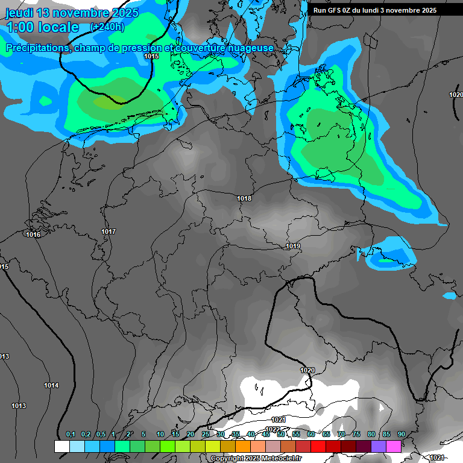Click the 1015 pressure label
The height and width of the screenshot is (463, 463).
151,56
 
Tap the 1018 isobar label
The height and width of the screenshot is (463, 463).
244,198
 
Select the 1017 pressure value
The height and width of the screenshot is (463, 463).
109,231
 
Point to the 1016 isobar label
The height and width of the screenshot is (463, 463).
33,235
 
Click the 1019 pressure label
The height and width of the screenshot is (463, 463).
293,246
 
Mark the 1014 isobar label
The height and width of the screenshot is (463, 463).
51,385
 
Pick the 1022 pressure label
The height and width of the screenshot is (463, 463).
272,429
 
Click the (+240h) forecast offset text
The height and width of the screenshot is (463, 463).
107,27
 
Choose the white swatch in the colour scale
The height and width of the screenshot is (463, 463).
61,446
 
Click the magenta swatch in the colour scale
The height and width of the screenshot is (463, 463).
394,446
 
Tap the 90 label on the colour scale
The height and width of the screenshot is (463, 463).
401,434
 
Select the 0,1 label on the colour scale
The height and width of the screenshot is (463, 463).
71,434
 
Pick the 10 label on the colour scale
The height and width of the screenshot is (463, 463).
160,434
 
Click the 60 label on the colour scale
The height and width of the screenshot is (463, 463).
310,434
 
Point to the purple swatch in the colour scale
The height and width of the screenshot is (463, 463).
379,446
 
